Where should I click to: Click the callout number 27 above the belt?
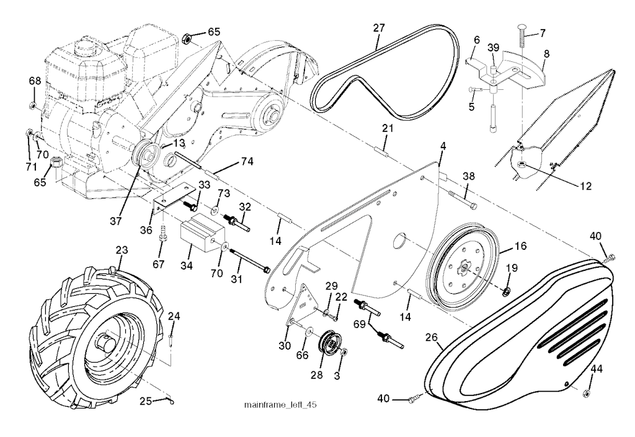point(379,28)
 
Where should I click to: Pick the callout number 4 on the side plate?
point(443,148)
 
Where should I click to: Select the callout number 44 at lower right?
point(597,369)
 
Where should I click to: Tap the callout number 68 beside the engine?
point(35,81)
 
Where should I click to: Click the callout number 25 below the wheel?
point(145,402)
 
